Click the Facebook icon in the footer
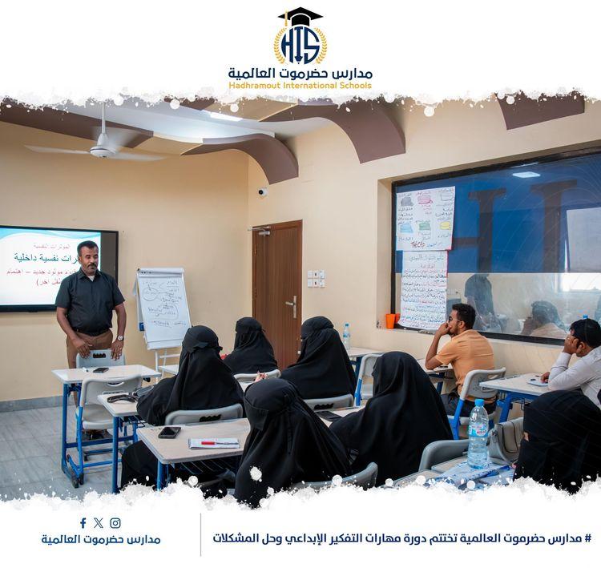click(x=83, y=523)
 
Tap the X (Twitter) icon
click(x=99, y=523)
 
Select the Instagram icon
click(x=115, y=523)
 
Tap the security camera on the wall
click(x=262, y=191)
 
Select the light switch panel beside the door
click(x=316, y=278)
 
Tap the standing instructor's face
click(x=89, y=257)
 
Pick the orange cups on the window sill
click(x=392, y=320)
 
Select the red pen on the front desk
click(x=218, y=442)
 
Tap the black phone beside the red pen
click(x=169, y=432)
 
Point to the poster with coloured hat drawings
click(x=425, y=218)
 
